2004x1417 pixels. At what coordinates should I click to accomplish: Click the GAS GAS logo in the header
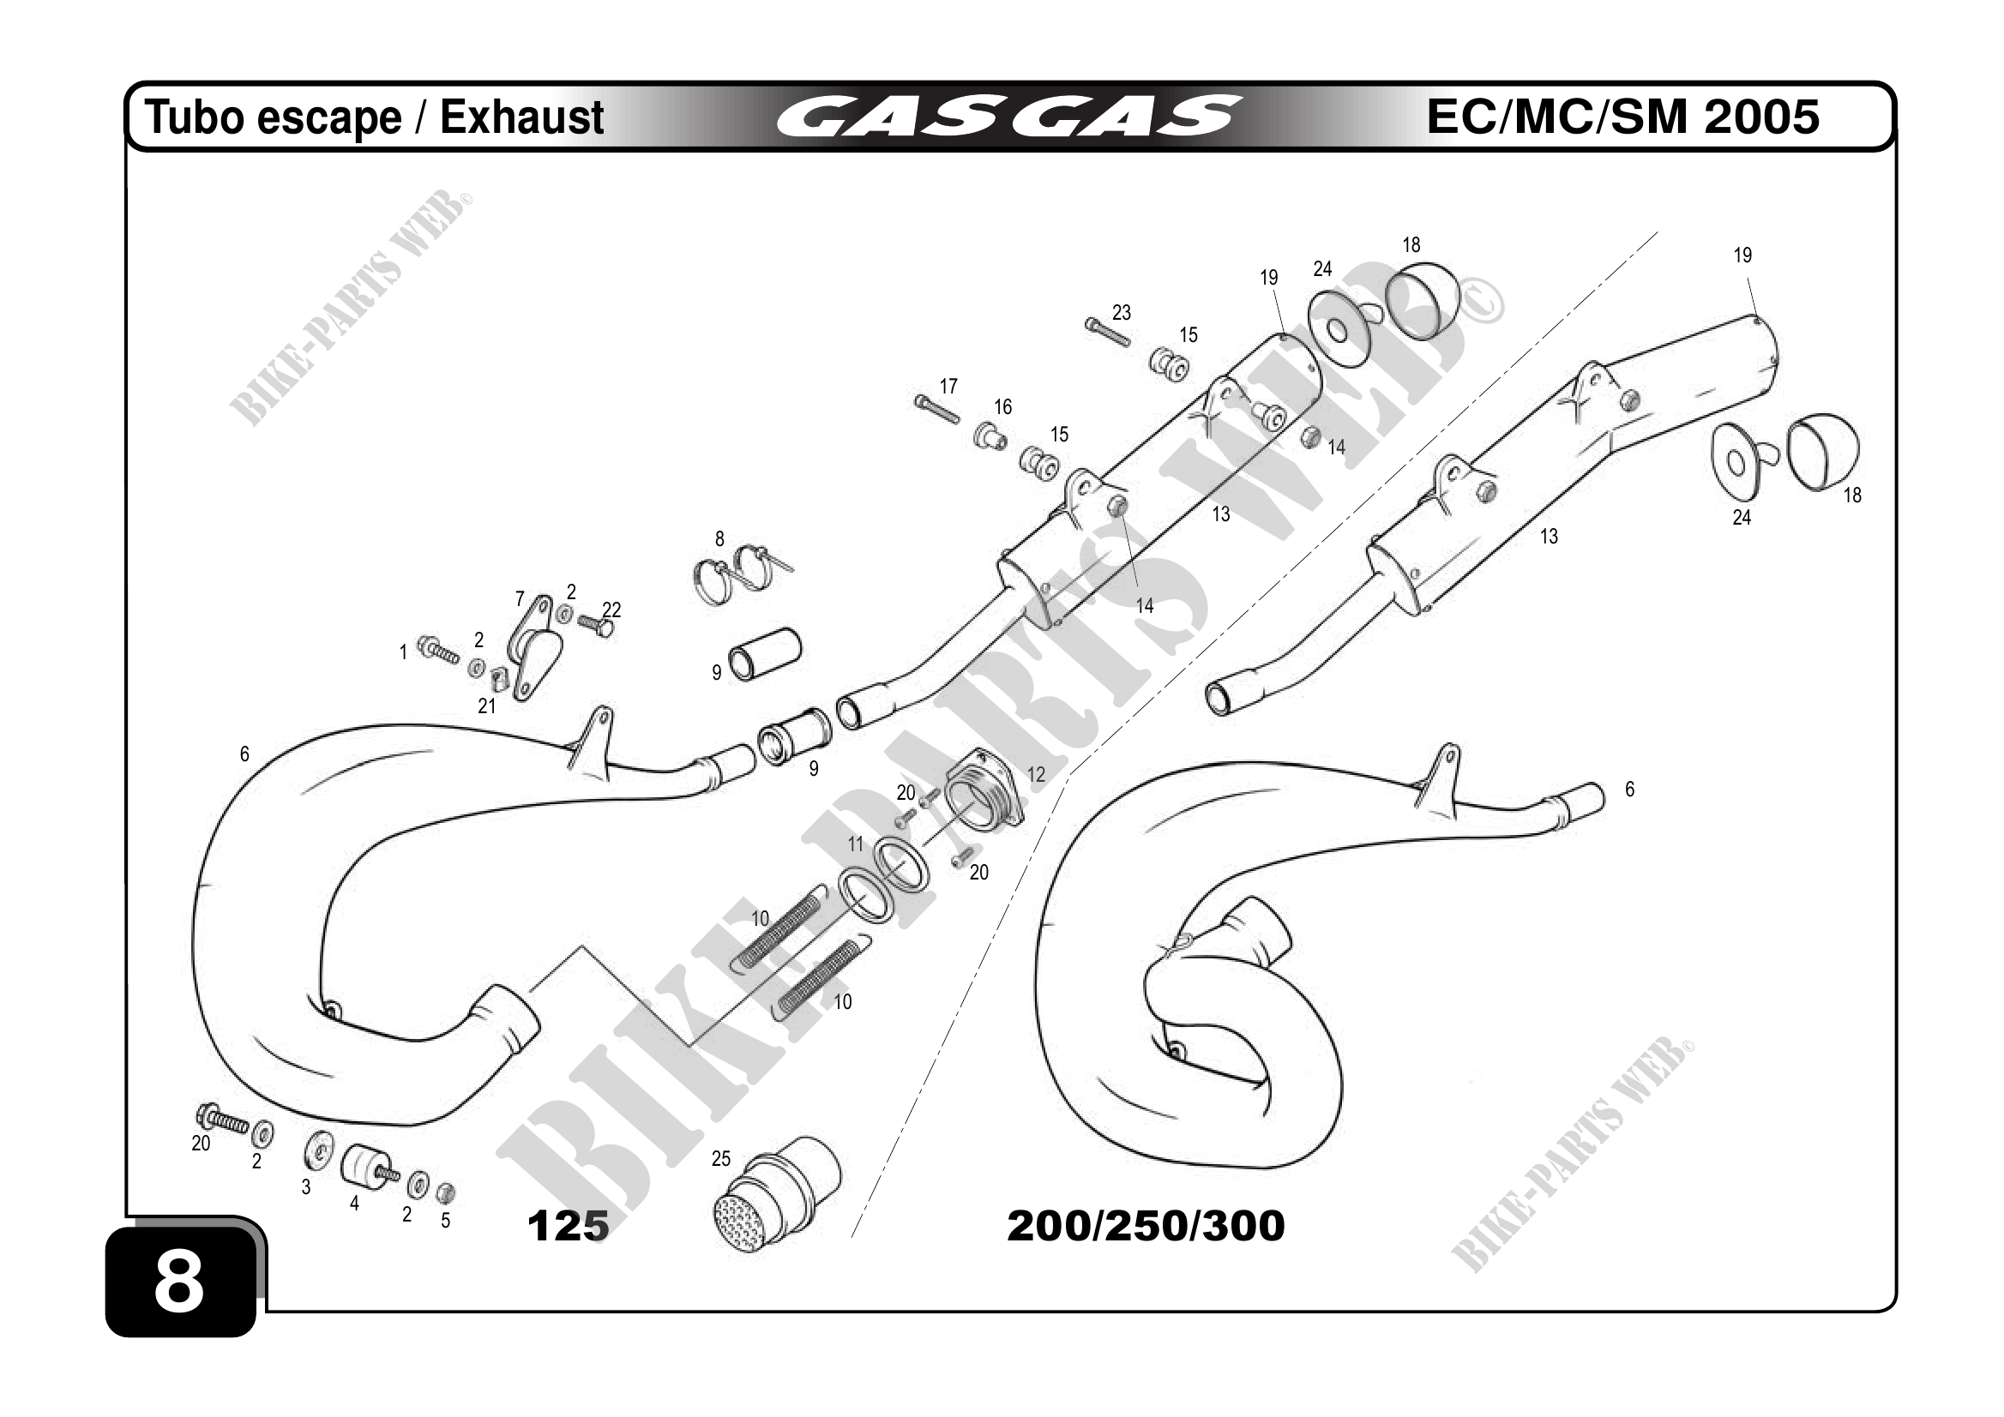[1008, 117]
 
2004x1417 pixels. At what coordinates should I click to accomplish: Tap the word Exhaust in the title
[521, 117]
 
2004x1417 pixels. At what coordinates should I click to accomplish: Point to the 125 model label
[568, 1226]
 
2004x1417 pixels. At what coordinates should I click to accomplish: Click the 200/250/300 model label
[1145, 1226]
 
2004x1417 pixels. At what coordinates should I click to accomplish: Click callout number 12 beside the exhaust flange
[1036, 775]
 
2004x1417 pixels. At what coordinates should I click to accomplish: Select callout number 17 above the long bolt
[948, 386]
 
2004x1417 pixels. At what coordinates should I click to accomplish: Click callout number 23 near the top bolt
[1122, 312]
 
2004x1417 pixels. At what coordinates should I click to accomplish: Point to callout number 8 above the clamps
[719, 539]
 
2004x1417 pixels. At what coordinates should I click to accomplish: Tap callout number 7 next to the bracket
[521, 599]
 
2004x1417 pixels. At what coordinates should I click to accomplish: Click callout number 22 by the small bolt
[612, 609]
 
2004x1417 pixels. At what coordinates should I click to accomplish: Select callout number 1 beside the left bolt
[403, 651]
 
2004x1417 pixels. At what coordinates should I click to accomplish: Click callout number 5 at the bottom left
[445, 1221]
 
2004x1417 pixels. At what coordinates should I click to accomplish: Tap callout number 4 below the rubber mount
[354, 1204]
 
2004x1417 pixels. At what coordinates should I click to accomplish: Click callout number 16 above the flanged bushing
[1003, 406]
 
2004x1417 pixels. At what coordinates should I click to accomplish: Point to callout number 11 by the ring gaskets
[856, 844]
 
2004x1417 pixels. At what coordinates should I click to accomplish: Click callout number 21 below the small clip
[486, 705]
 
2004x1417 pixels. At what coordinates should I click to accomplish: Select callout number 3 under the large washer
[305, 1187]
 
